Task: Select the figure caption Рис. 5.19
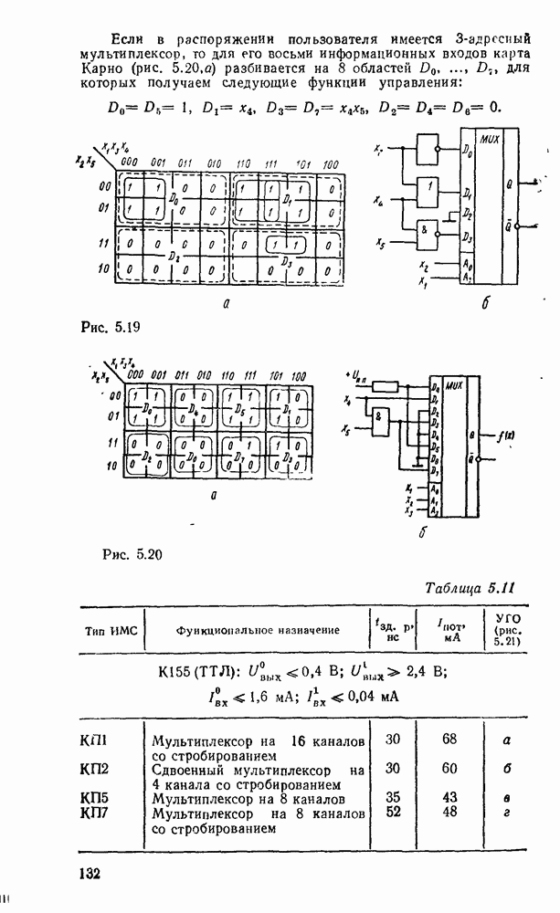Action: pos(102,324)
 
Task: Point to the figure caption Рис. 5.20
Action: pos(136,552)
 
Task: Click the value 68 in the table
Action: pos(449,739)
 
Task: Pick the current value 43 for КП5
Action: pos(449,797)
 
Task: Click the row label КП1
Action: pos(94,740)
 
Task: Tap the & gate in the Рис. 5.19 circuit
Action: pos(426,232)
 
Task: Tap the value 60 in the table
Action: pos(449,769)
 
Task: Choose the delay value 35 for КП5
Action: pos(394,797)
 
